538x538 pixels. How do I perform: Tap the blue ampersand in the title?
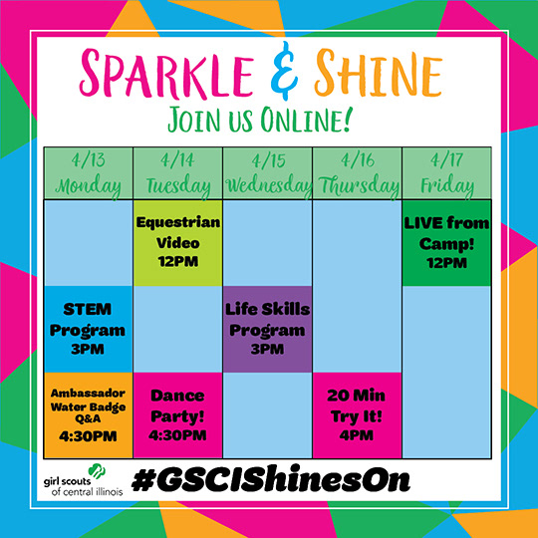coord(284,71)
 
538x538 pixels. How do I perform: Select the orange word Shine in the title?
coord(379,73)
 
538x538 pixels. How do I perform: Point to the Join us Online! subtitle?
coord(260,120)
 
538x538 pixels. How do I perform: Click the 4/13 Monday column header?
coord(89,173)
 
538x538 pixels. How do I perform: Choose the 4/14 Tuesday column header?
coord(178,173)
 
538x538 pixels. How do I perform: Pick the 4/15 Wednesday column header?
coord(268,173)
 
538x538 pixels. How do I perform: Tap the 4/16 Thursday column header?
coord(358,173)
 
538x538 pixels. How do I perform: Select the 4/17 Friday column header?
coord(446,173)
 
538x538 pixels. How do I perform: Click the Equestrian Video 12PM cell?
coord(178,243)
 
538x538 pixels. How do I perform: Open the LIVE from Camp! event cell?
coord(446,243)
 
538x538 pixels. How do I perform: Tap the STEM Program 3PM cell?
coord(89,329)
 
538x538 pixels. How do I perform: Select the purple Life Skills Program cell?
coord(268,329)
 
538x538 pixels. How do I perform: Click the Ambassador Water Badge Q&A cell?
coord(89,415)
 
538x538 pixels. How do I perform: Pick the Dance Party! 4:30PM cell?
coord(178,415)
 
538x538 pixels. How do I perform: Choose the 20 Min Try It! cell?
coord(358,415)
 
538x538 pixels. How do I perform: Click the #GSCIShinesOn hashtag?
coord(271,479)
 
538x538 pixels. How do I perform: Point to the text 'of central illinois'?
coord(87,492)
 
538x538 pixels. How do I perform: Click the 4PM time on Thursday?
coord(356,435)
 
